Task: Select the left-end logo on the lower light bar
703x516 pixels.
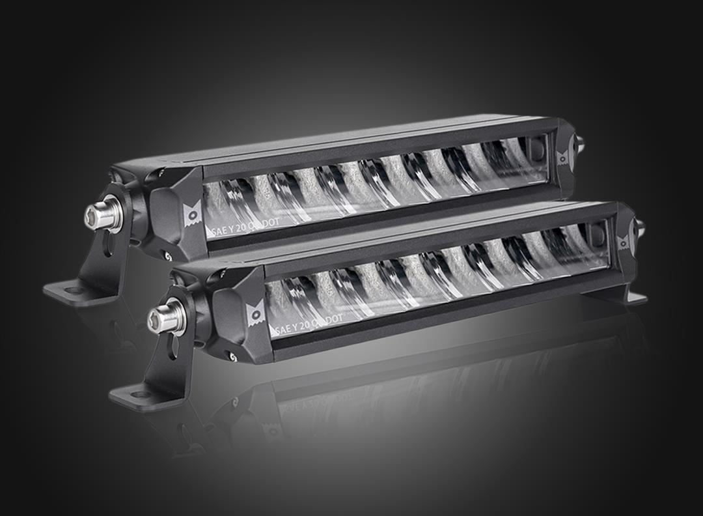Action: pyautogui.click(x=255, y=314)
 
